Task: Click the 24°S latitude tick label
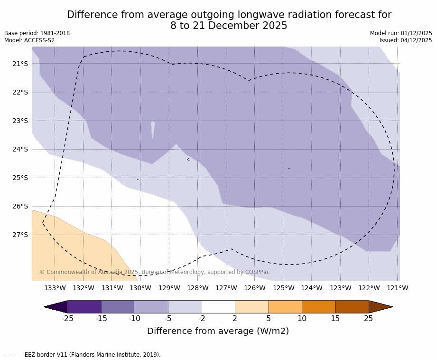20,149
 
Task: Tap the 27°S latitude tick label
20,235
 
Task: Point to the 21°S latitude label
20,64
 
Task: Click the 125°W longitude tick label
283,288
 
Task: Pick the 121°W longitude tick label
398,288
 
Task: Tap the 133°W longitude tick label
55,288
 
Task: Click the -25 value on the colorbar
67,318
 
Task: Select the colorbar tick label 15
335,318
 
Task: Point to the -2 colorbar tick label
202,318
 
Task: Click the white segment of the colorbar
218,307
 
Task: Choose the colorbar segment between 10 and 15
318,307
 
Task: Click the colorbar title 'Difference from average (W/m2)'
218,331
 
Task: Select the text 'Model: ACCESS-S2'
29,40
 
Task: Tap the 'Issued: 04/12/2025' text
406,40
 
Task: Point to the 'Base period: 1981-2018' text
37,33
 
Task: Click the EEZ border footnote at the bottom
83,355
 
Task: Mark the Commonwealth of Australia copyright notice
154,272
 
